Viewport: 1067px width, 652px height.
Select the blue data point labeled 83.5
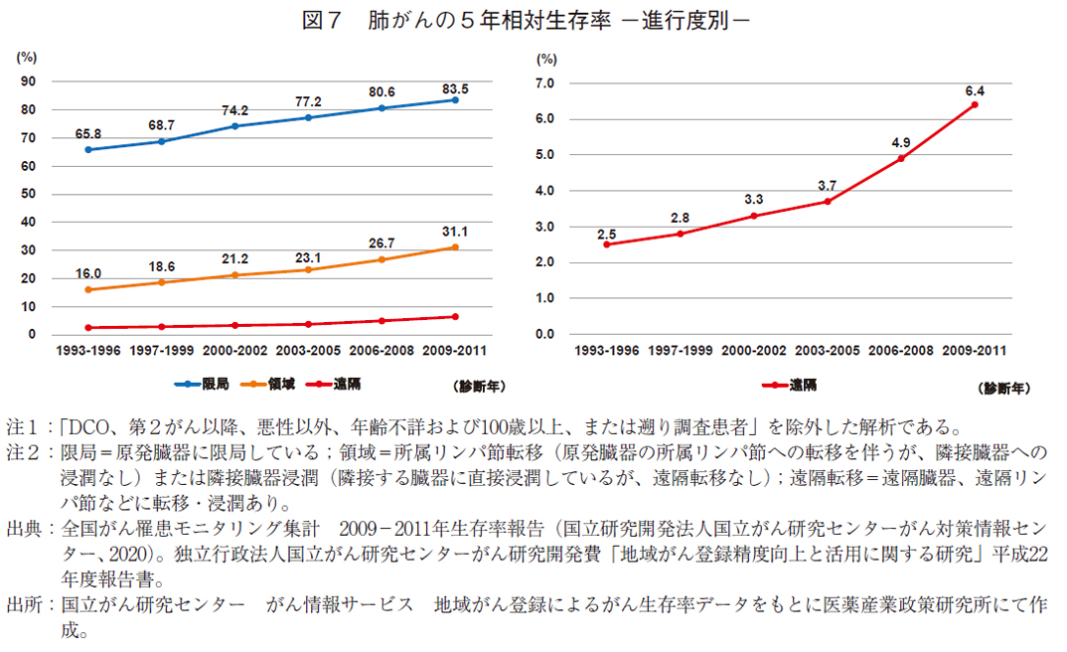coord(455,99)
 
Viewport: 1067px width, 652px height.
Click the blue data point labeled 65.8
coord(88,150)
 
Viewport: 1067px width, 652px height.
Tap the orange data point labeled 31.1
coord(455,247)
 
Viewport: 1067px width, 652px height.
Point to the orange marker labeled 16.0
coord(88,289)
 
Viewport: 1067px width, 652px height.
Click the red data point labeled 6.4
coord(974,104)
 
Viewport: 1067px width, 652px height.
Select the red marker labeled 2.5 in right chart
coord(606,244)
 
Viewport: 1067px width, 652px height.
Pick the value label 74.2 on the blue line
coord(235,110)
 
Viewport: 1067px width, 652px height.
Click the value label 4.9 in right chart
coord(901,140)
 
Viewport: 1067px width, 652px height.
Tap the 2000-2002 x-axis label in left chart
coord(235,350)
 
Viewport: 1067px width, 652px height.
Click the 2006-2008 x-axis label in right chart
coord(901,350)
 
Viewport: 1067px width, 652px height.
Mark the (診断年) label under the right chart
coord(1003,386)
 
